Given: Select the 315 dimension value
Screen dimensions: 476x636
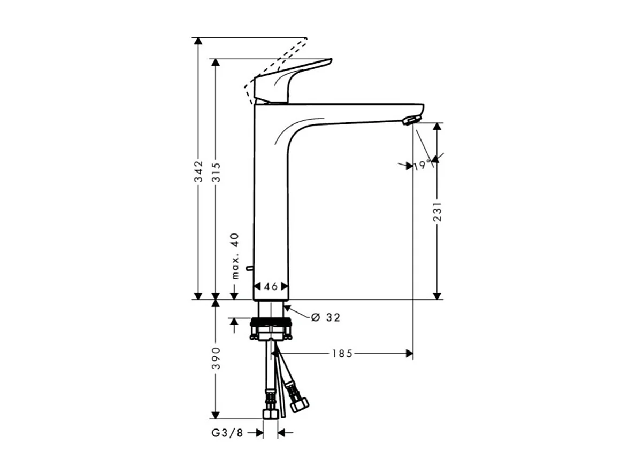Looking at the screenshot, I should click(x=216, y=171).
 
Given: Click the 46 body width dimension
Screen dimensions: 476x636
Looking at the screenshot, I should click(x=271, y=286).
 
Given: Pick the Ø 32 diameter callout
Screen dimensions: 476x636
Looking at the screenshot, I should click(x=326, y=317).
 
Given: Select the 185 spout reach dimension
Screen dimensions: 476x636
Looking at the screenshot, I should click(x=342, y=353).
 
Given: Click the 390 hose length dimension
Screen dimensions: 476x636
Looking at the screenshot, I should click(x=216, y=357).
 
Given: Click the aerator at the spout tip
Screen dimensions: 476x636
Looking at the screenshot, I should click(x=411, y=120).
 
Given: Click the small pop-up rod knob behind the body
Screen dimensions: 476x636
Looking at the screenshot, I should click(x=248, y=267).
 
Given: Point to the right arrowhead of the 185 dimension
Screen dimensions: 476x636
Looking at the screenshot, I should click(x=409, y=353).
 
